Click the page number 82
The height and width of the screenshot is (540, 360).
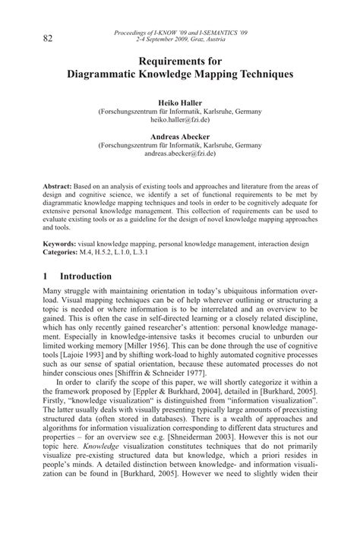click(x=48, y=38)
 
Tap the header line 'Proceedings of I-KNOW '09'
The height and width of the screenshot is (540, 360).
click(x=179, y=33)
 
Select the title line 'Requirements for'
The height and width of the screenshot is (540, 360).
click(x=180, y=62)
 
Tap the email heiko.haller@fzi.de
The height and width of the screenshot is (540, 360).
click(x=180, y=120)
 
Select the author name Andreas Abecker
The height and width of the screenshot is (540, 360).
click(x=180, y=137)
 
